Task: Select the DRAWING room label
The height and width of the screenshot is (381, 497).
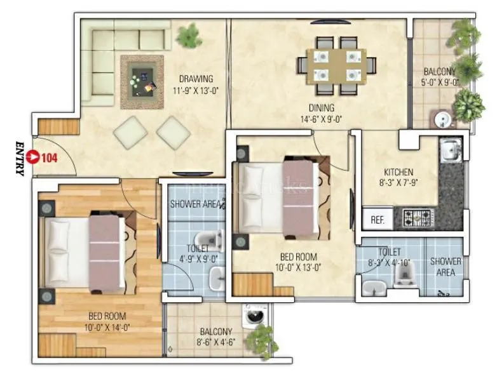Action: [x=196, y=79]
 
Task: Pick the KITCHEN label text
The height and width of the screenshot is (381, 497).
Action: [x=398, y=172]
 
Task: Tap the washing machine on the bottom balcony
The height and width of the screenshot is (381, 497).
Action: [x=253, y=317]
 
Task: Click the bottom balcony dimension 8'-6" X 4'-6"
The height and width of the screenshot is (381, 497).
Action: [x=215, y=342]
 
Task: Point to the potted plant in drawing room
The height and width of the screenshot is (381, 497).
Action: [x=189, y=36]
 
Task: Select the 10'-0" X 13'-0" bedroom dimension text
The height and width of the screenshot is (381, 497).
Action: [x=298, y=269]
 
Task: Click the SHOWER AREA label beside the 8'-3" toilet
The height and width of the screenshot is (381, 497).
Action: [x=446, y=266]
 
